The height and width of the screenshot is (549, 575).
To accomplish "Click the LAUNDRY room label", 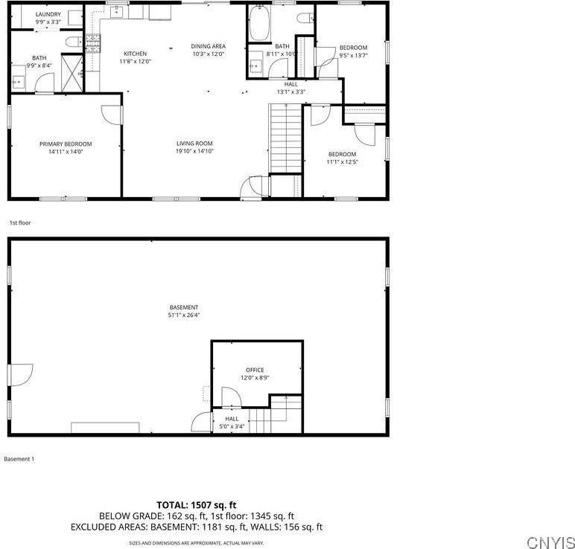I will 48,14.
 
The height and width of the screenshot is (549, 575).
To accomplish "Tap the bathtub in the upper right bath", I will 260,24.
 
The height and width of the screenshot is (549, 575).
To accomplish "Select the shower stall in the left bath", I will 71,71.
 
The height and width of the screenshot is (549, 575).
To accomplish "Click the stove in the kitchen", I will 93,44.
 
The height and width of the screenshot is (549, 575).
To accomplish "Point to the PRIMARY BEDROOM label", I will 66,144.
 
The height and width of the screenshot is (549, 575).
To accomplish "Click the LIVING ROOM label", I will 194,144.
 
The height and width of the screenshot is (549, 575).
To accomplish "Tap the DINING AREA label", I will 209,46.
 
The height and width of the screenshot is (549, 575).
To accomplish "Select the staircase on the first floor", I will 285,138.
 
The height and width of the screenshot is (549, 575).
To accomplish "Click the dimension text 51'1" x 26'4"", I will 184,315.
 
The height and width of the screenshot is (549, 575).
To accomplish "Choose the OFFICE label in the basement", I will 255,370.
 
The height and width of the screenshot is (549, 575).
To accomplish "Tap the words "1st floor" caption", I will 20,222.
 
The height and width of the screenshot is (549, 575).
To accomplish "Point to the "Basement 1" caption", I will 19,459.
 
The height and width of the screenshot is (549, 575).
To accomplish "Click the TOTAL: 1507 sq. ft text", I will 196,504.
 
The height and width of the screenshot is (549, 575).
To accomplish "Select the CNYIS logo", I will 550,542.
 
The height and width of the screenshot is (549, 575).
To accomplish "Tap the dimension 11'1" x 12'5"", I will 343,162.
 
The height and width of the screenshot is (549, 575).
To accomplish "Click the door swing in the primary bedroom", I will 111,114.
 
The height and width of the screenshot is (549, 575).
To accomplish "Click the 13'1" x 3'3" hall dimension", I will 290,91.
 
